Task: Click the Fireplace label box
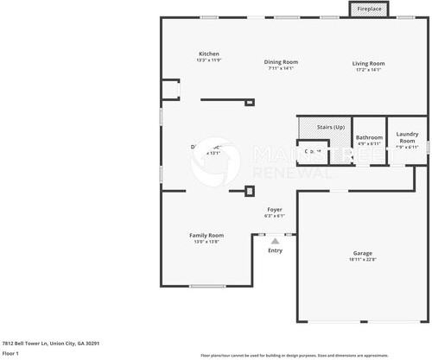click(x=367, y=9)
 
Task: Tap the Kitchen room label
click(x=208, y=54)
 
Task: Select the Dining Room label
click(x=281, y=62)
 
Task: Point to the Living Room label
click(x=368, y=63)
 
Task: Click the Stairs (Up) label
click(x=331, y=127)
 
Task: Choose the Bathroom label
click(x=370, y=137)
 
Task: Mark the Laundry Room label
click(x=407, y=136)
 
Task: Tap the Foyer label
click(x=275, y=210)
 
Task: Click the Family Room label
click(x=206, y=235)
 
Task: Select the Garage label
click(x=362, y=253)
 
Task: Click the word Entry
click(x=275, y=250)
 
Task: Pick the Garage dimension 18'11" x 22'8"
click(x=362, y=259)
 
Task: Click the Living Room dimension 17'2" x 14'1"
click(x=368, y=69)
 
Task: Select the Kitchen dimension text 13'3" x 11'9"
click(x=208, y=60)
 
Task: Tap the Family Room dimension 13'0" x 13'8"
click(x=206, y=241)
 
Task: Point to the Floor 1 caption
click(x=11, y=353)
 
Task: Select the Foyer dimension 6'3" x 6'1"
click(x=275, y=216)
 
